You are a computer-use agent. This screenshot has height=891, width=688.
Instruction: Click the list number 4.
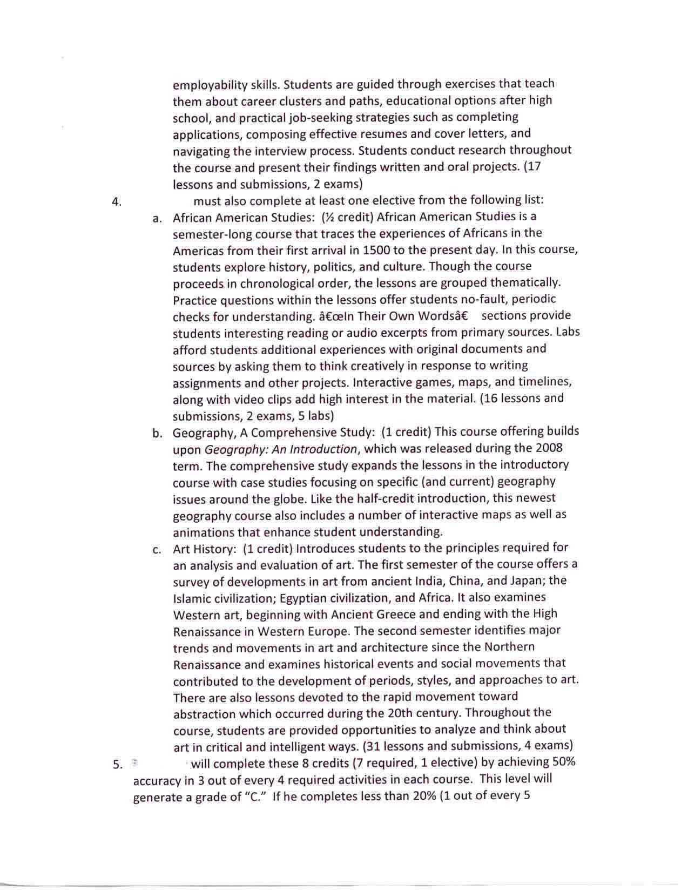tap(116, 202)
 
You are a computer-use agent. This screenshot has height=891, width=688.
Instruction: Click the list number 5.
tap(117, 765)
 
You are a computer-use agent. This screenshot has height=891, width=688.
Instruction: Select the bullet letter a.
tap(157, 219)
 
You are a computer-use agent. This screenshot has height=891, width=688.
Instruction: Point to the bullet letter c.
tap(157, 550)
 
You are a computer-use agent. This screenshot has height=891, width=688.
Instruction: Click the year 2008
tap(549, 448)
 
